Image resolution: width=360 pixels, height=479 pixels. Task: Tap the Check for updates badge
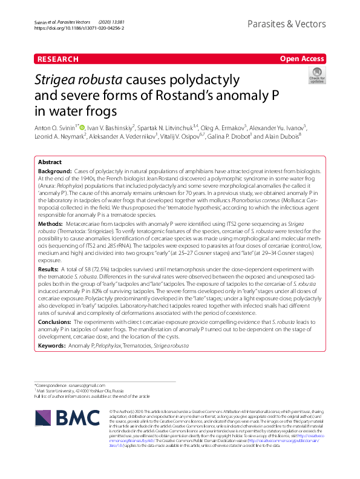point(317,75)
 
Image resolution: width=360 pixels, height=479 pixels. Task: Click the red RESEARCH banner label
point(57,59)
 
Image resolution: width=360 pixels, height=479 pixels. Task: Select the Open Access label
point(301,59)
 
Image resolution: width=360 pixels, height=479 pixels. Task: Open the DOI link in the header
point(79,28)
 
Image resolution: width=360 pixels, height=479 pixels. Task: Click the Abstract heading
point(50,163)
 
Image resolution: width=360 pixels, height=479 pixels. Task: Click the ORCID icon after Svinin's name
point(82,128)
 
